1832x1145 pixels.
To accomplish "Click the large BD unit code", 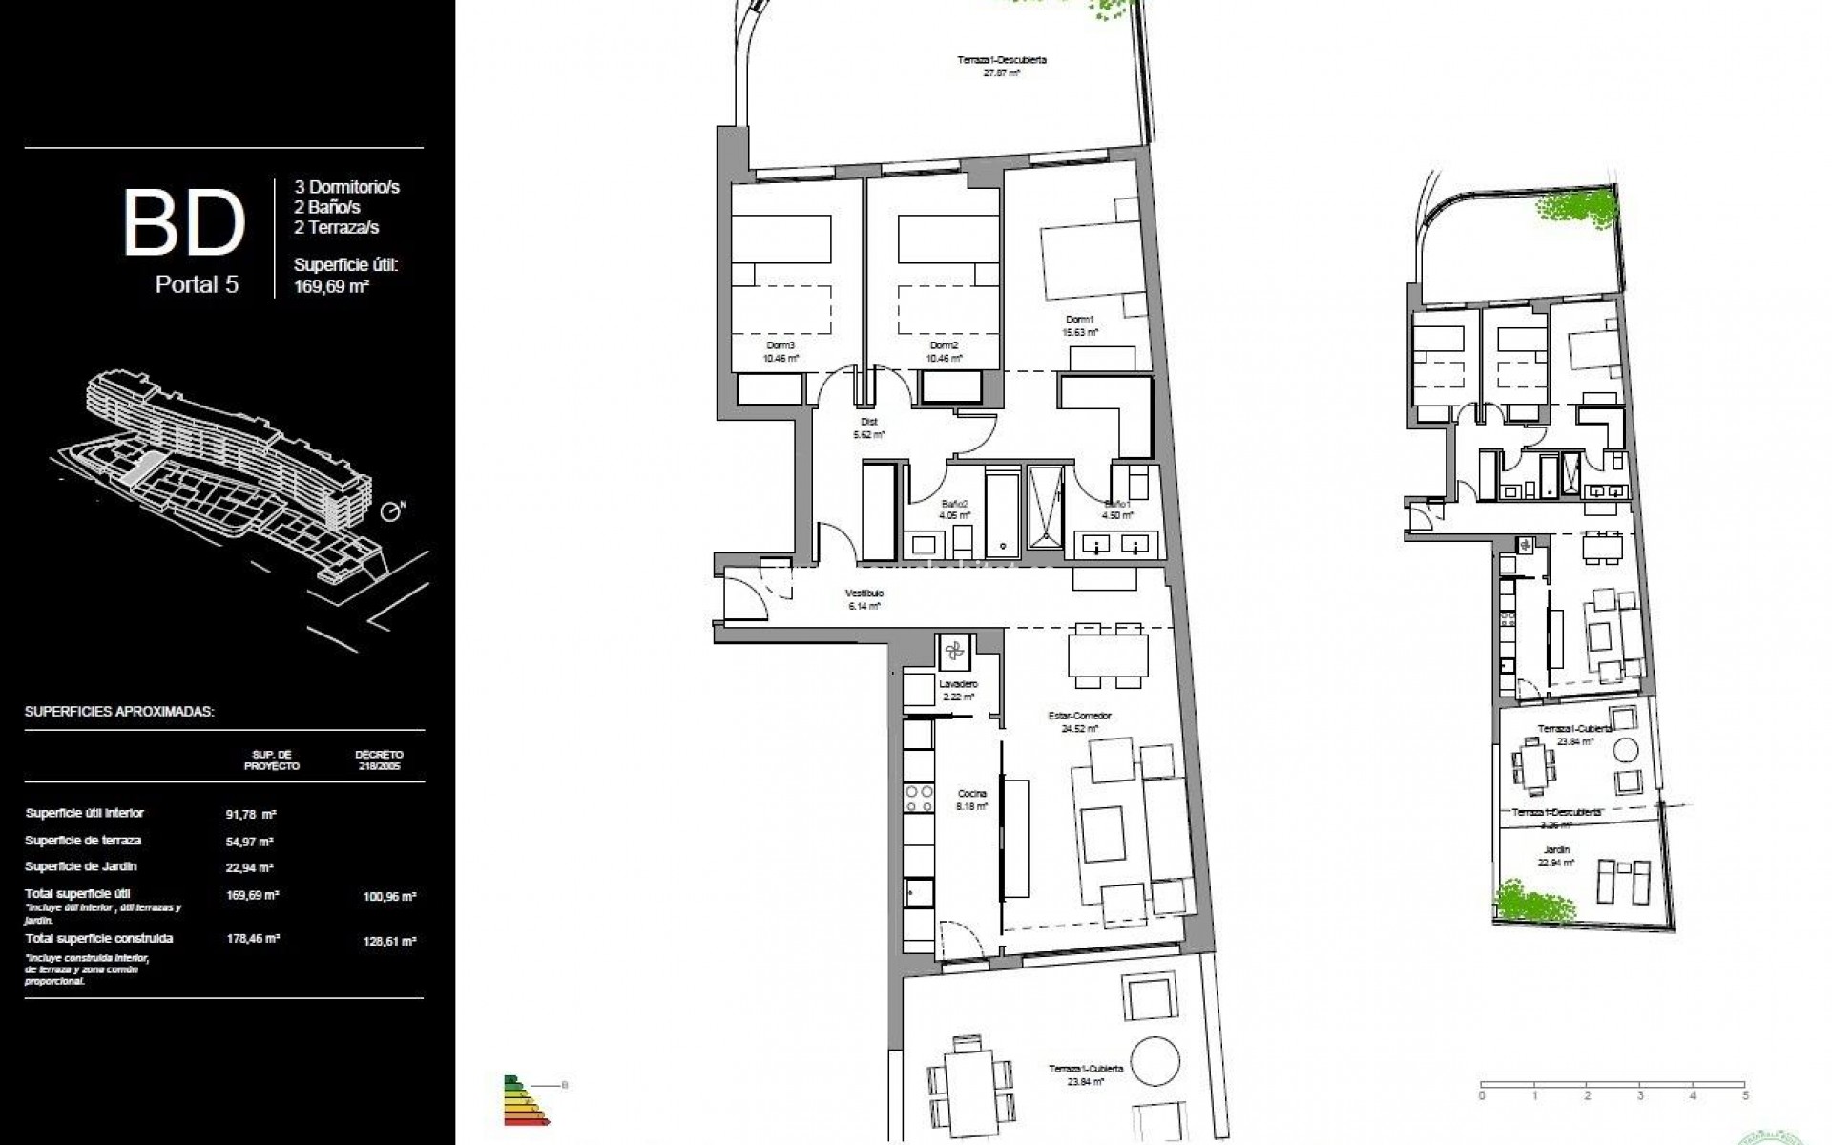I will click(184, 223).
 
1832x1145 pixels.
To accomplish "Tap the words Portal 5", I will click(197, 284).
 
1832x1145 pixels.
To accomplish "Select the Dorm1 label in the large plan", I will click(1079, 320).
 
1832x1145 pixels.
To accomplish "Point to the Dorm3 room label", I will click(781, 345).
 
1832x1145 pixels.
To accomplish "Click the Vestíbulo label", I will click(864, 593).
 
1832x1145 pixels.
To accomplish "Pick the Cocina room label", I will click(973, 793).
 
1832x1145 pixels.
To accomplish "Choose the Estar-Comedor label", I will click(1086, 716).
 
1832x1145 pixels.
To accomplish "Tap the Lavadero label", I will click(957, 684).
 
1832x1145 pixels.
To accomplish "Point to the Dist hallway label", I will click(868, 421).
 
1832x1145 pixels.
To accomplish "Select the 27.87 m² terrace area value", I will click(1002, 73).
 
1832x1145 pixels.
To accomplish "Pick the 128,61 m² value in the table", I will click(389, 941).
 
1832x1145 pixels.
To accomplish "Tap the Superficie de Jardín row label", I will click(81, 866).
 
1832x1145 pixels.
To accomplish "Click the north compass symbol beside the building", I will click(391, 513).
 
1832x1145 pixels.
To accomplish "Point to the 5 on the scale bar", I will click(1744, 1096).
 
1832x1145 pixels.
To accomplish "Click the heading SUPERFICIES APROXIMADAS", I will click(119, 712).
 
